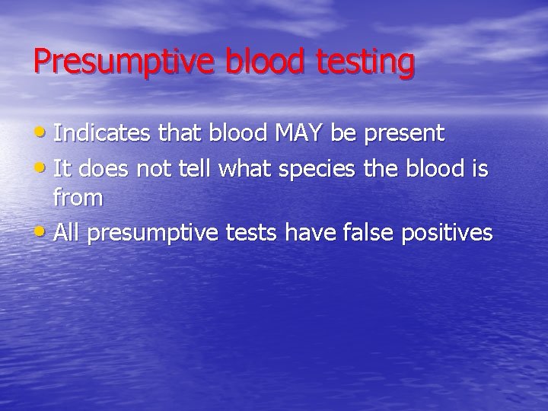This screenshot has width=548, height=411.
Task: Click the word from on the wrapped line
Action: [78, 199]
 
